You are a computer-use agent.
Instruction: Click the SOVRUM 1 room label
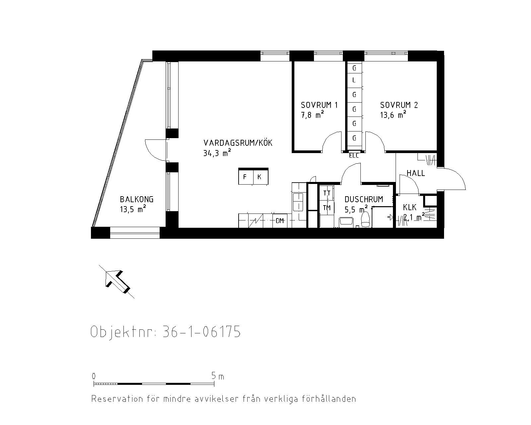[x=319, y=105]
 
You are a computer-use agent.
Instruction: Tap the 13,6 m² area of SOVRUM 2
[x=393, y=115]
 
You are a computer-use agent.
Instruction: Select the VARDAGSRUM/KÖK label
[x=238, y=143]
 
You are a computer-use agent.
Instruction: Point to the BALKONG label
[x=136, y=199]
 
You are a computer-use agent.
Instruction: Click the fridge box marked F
[x=246, y=177]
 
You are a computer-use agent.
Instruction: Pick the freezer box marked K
[x=260, y=177]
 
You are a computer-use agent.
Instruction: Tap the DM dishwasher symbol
[x=279, y=221]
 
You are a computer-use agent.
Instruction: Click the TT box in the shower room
[x=327, y=193]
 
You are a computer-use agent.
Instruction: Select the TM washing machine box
[x=327, y=208]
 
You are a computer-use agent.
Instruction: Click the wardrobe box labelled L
[x=354, y=80]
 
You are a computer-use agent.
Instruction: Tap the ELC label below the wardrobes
[x=354, y=156]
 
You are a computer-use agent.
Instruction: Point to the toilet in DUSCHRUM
[x=365, y=220]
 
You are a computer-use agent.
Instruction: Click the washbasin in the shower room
[x=346, y=222]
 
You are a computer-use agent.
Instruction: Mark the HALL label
[x=416, y=173]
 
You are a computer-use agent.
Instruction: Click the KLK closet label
[x=410, y=208]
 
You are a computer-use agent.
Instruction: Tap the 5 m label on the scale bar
[x=218, y=376]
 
